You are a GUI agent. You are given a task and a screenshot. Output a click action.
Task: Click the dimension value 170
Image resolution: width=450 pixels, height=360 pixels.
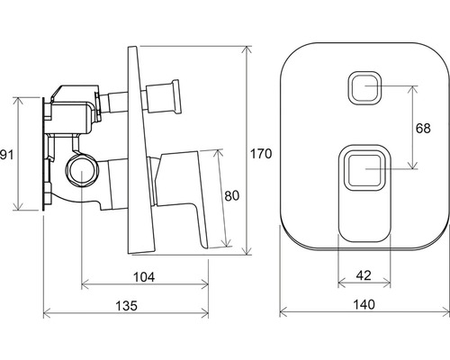261,154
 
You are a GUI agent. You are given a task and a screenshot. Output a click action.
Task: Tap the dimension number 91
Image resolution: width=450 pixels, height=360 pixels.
6,155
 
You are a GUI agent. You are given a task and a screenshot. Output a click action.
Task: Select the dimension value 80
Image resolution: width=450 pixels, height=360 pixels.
232,195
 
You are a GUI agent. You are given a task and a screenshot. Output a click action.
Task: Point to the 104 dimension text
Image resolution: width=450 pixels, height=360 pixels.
144,277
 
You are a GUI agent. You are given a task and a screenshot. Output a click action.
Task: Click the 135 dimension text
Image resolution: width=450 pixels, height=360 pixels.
126,305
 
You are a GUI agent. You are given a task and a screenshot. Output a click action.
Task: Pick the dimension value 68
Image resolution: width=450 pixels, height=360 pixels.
423,128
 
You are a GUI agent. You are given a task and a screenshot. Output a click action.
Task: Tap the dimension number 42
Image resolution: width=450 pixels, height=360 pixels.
364,275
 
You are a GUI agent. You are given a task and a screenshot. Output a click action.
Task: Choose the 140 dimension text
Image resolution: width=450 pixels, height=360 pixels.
364,304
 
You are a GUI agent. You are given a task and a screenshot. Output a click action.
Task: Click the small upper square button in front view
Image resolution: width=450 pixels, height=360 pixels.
364,88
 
